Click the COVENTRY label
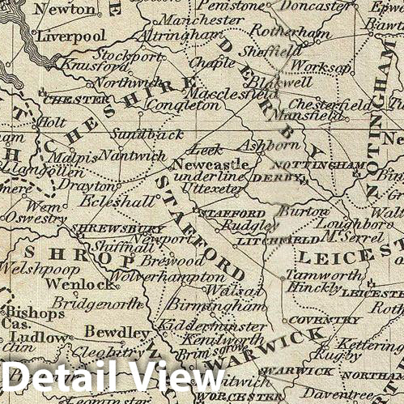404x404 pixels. pos(312,319)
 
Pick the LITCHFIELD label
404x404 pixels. pos(266,240)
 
